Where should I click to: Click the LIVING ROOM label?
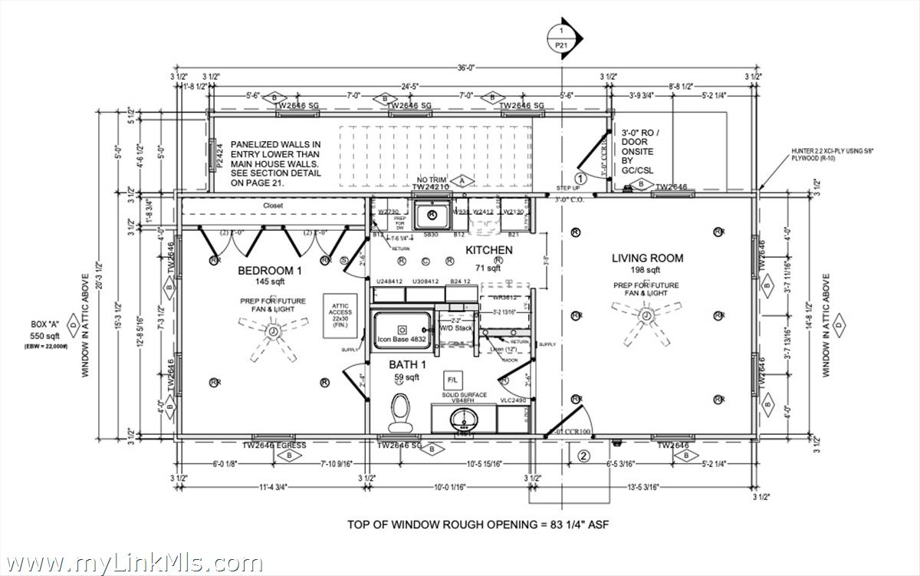646,258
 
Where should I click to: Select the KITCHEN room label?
489,251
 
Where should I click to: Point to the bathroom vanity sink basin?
462,419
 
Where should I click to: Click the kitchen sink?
432,216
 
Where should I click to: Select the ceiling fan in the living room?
646,317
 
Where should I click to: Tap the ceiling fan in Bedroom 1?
273,331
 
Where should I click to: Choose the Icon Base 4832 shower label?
402,339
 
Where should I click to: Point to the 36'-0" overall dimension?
466,67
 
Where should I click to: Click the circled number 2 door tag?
583,458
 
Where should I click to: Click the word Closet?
273,206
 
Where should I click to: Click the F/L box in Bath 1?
452,380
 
